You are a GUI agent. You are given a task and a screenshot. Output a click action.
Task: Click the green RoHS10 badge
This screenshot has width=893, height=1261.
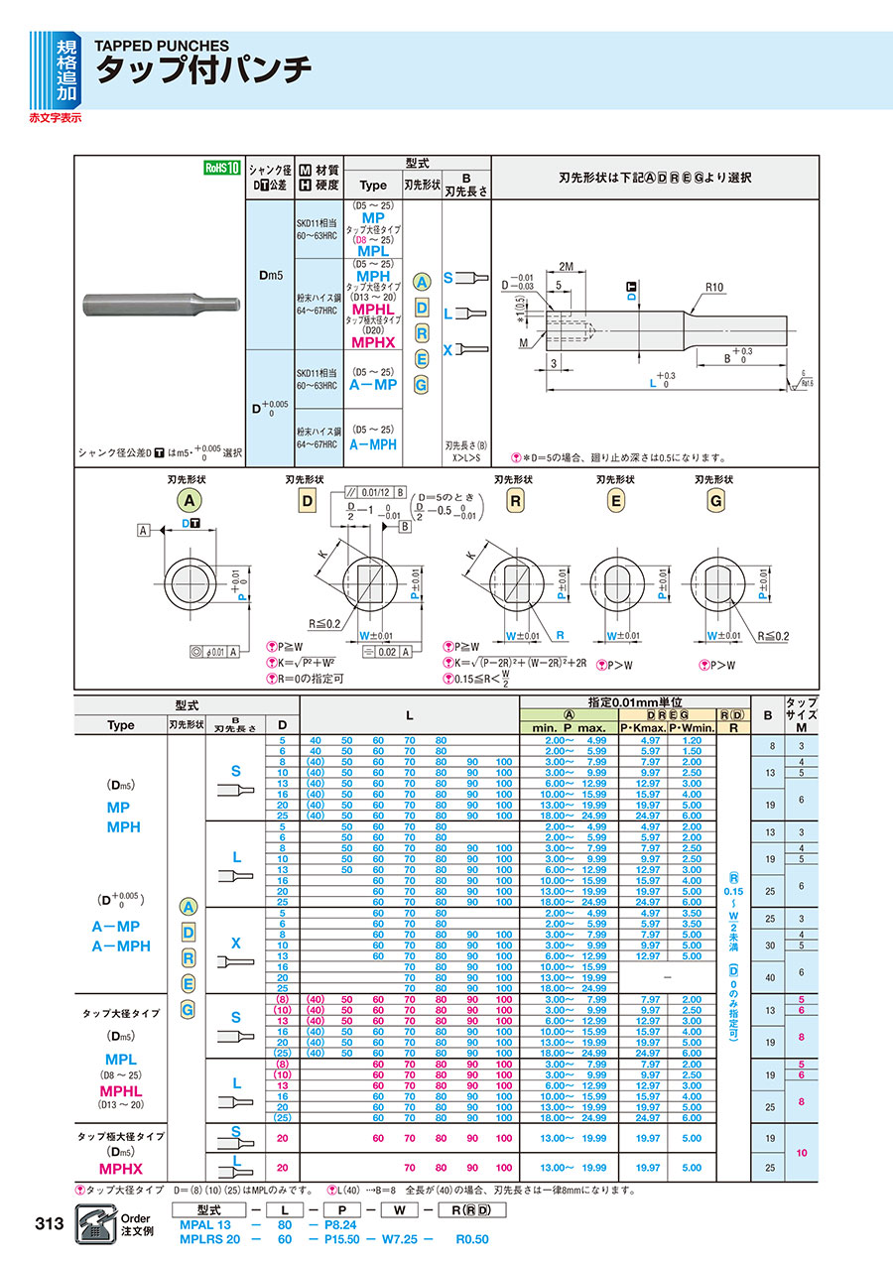(222, 168)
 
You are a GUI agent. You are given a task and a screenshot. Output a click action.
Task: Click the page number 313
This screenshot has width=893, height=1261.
(49, 1222)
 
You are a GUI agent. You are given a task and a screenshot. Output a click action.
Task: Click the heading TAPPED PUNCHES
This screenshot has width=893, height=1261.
(161, 46)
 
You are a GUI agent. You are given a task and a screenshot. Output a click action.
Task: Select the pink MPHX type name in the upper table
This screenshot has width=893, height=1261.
(372, 342)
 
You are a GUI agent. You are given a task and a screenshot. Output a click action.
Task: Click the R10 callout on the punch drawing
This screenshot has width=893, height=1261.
(715, 287)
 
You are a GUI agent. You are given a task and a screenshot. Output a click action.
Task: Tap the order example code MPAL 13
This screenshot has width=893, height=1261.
(206, 1225)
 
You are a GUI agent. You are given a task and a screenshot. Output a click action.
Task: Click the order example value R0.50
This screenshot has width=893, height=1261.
(472, 1239)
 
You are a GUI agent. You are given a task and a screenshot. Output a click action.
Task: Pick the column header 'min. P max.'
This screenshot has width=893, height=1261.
(569, 726)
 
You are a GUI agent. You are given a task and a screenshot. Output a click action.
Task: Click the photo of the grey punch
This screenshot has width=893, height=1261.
(160, 301)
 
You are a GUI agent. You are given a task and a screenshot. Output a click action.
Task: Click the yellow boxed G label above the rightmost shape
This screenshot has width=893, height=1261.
(714, 501)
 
